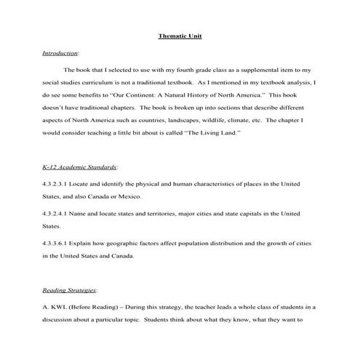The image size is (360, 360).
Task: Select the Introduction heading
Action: (x=60, y=53)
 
